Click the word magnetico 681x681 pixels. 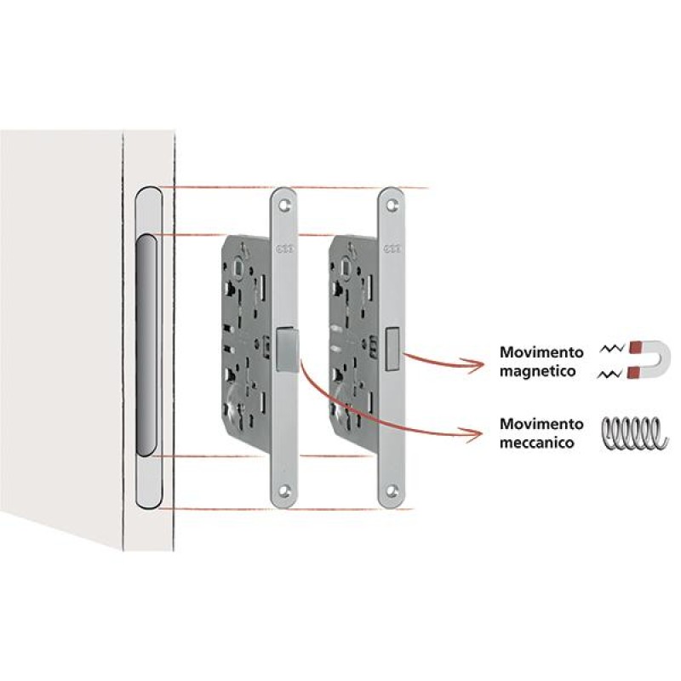pos(538,371)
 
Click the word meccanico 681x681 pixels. pos(537,443)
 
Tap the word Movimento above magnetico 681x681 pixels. pos(541,352)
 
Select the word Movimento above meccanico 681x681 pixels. pos(541,423)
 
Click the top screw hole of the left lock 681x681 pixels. pos(285,205)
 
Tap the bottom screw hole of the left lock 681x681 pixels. pos(284,491)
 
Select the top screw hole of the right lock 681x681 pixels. pos(392,205)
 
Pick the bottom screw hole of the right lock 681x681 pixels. pos(392,491)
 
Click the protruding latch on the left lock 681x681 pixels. pos(287,350)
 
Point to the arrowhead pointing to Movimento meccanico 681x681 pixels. pos(474,433)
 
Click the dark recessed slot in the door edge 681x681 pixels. pos(146,346)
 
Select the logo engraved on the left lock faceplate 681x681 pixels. pos(285,249)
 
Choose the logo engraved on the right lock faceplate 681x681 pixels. pos(392,249)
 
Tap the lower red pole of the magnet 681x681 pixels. pos(634,373)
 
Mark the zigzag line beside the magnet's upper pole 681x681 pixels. pos(612,347)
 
